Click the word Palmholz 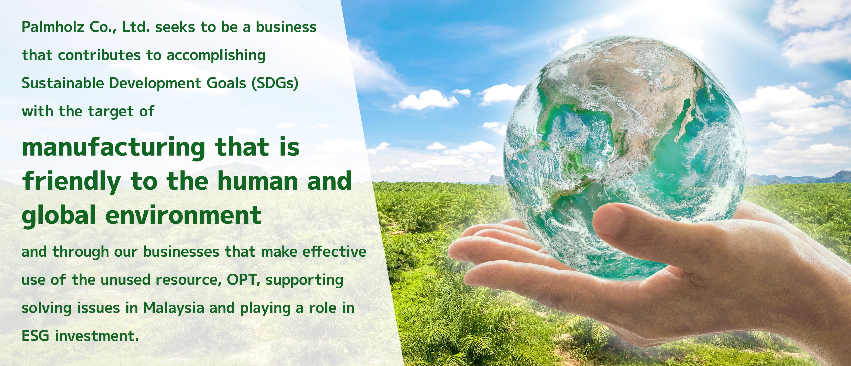53,27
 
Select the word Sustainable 63,83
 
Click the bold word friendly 71,182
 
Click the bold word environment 183,215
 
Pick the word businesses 181,252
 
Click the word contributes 99,55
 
